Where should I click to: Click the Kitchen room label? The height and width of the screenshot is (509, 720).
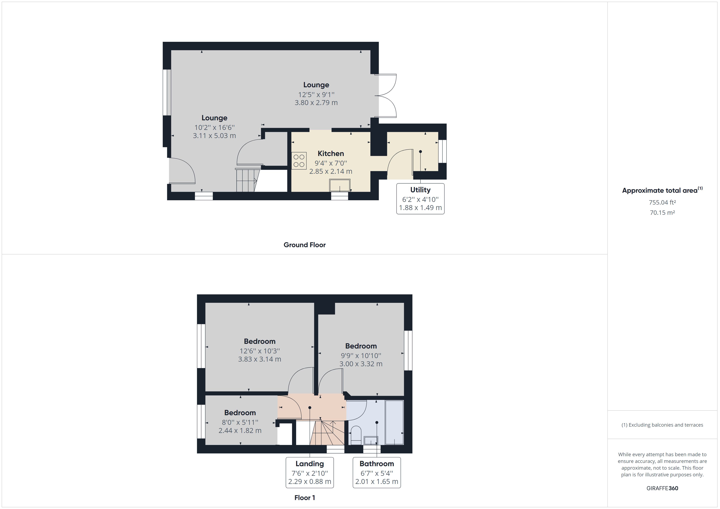tap(331, 154)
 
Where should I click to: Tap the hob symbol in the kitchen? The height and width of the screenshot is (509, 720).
tap(299, 160)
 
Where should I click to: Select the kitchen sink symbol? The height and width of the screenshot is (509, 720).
tap(340, 185)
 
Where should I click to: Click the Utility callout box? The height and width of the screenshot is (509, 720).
tap(420, 199)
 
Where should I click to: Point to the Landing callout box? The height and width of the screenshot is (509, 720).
tap(310, 472)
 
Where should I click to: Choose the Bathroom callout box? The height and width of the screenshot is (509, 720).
tap(377, 472)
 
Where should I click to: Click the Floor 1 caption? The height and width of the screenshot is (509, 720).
tap(304, 498)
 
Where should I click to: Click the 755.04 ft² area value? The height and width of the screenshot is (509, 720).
tap(662, 202)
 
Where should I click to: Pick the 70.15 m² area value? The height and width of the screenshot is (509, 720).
tap(662, 212)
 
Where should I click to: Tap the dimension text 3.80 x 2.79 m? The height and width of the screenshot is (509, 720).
tap(316, 103)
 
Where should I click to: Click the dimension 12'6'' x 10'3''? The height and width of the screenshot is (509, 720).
tap(260, 351)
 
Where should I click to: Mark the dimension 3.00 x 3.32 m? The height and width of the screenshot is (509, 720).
tap(361, 364)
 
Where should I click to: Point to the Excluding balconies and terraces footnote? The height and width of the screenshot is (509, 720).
tap(662, 425)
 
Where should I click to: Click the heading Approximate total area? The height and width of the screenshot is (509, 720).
tap(660, 190)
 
